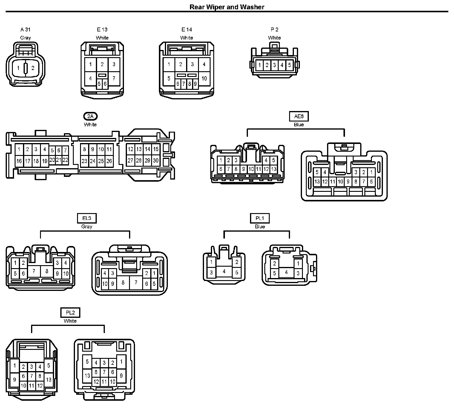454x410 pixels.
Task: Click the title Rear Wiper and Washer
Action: coord(227,7)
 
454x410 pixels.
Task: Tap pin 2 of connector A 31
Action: coord(33,68)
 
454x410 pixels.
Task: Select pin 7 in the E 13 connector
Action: coord(114,78)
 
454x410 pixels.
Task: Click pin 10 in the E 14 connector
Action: coord(204,78)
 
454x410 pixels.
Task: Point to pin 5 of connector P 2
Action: coord(289,65)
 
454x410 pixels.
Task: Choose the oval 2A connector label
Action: coord(90,116)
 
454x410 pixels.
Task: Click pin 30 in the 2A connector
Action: coord(156,160)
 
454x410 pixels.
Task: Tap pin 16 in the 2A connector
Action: coord(19,161)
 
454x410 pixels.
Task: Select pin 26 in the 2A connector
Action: coord(109,161)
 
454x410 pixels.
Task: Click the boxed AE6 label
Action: coord(299,116)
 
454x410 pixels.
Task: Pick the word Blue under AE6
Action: coord(299,125)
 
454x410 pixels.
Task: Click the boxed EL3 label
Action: coord(87,218)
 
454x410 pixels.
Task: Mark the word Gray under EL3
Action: coord(87,227)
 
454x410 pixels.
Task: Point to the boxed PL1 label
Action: coord(260,218)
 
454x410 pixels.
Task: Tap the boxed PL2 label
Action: coord(70,313)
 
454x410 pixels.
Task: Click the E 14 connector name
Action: coord(187,29)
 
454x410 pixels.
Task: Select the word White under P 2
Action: coord(274,38)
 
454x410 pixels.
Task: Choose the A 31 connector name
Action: coord(25,29)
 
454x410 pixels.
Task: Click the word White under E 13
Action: coord(102,38)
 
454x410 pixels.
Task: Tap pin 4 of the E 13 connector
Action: coord(91,78)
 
